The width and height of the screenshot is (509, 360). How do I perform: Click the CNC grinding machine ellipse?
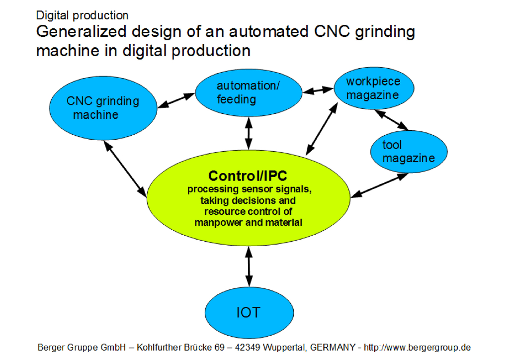(103, 108)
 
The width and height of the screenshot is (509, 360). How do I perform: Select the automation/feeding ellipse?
(249, 92)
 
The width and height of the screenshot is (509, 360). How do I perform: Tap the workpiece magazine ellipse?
(374, 88)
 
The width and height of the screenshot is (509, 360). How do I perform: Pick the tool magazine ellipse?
(409, 152)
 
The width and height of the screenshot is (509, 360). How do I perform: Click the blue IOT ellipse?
(250, 313)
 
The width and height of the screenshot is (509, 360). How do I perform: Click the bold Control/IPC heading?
(248, 176)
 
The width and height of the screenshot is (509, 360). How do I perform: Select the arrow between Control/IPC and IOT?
(249, 267)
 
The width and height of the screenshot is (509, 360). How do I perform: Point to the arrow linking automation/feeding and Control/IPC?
(249, 133)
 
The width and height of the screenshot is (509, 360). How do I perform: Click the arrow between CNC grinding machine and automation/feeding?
(176, 100)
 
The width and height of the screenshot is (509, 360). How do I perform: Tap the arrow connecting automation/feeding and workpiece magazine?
(318, 90)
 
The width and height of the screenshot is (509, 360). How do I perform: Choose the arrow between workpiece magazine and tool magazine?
(391, 120)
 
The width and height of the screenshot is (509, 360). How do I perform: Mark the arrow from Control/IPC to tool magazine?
(379, 185)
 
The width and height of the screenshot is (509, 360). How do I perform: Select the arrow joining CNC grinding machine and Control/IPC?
(125, 169)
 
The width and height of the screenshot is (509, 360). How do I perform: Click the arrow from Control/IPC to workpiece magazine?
(322, 129)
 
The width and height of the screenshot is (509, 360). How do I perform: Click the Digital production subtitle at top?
(82, 15)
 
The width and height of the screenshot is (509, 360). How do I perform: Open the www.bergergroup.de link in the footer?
(417, 348)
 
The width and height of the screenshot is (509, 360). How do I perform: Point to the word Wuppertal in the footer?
(284, 348)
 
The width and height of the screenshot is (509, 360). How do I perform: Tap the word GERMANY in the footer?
(333, 348)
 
